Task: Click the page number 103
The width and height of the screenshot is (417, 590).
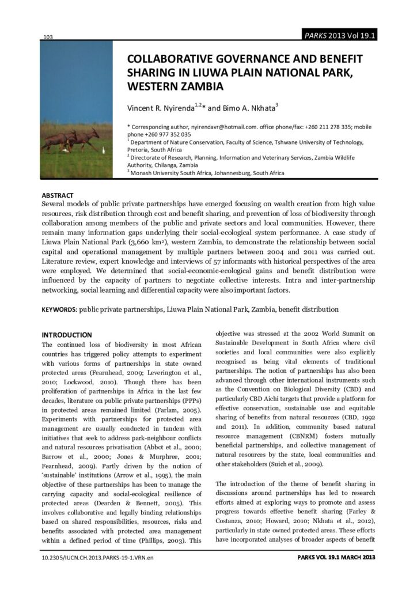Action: pos(48,37)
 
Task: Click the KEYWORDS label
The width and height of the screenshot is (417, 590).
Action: pos(59,309)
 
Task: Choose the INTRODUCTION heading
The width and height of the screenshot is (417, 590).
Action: pos(67,335)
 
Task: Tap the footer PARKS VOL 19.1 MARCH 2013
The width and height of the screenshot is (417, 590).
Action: pos(336,558)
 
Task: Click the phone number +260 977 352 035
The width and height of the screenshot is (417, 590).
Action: pos(168,134)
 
